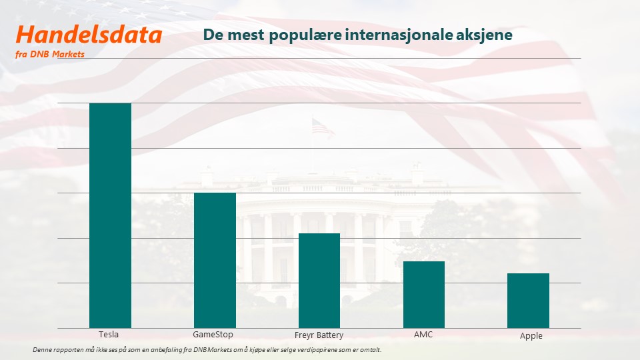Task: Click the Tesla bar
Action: [x=110, y=215]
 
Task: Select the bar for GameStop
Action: [x=215, y=261]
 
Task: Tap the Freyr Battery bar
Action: [x=319, y=281]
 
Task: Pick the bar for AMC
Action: [x=424, y=295]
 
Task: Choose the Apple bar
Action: [x=528, y=301]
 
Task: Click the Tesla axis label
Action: [x=109, y=335]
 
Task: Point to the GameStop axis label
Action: [x=213, y=335]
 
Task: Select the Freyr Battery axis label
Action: [x=319, y=335]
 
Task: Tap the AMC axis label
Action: [x=423, y=335]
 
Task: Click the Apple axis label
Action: [x=531, y=336]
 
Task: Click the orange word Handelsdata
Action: [x=89, y=35]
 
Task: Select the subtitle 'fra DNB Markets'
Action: [x=50, y=54]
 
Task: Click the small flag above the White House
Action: [x=322, y=127]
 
